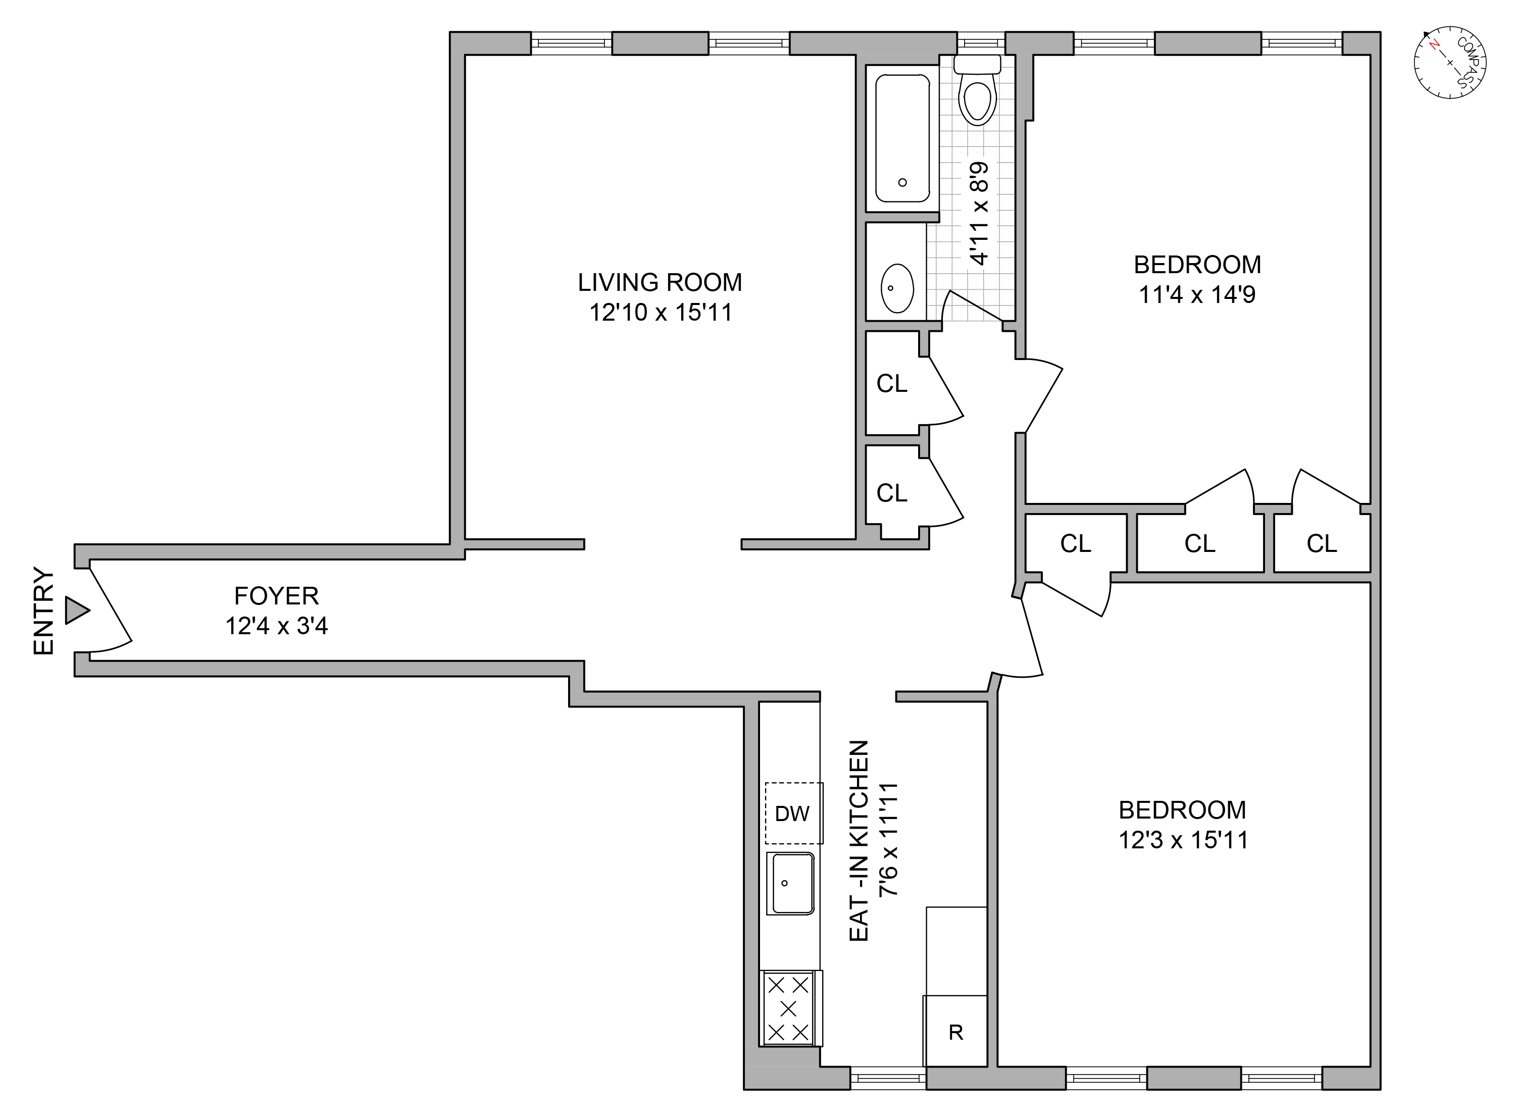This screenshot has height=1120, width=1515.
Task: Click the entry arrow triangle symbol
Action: click(76, 610)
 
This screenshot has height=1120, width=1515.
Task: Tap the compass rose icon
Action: click(1450, 63)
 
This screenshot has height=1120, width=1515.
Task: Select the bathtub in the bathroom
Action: click(902, 138)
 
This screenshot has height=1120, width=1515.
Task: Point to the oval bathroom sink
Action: click(897, 288)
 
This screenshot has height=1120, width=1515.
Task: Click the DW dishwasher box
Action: click(792, 813)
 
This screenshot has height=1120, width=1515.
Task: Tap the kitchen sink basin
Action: click(790, 883)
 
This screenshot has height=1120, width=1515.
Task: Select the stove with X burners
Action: click(788, 1008)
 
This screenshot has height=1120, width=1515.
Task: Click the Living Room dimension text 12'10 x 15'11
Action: click(660, 313)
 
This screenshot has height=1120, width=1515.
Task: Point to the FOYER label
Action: click(277, 596)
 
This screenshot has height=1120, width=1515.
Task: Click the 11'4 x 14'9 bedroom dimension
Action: click(1197, 295)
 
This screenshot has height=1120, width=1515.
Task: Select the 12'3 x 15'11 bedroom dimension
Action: click(1183, 841)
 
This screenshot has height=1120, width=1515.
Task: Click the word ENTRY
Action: click(43, 611)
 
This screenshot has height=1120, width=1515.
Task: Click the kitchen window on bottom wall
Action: click(888, 1078)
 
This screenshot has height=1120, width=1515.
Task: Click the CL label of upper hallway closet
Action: click(891, 384)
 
